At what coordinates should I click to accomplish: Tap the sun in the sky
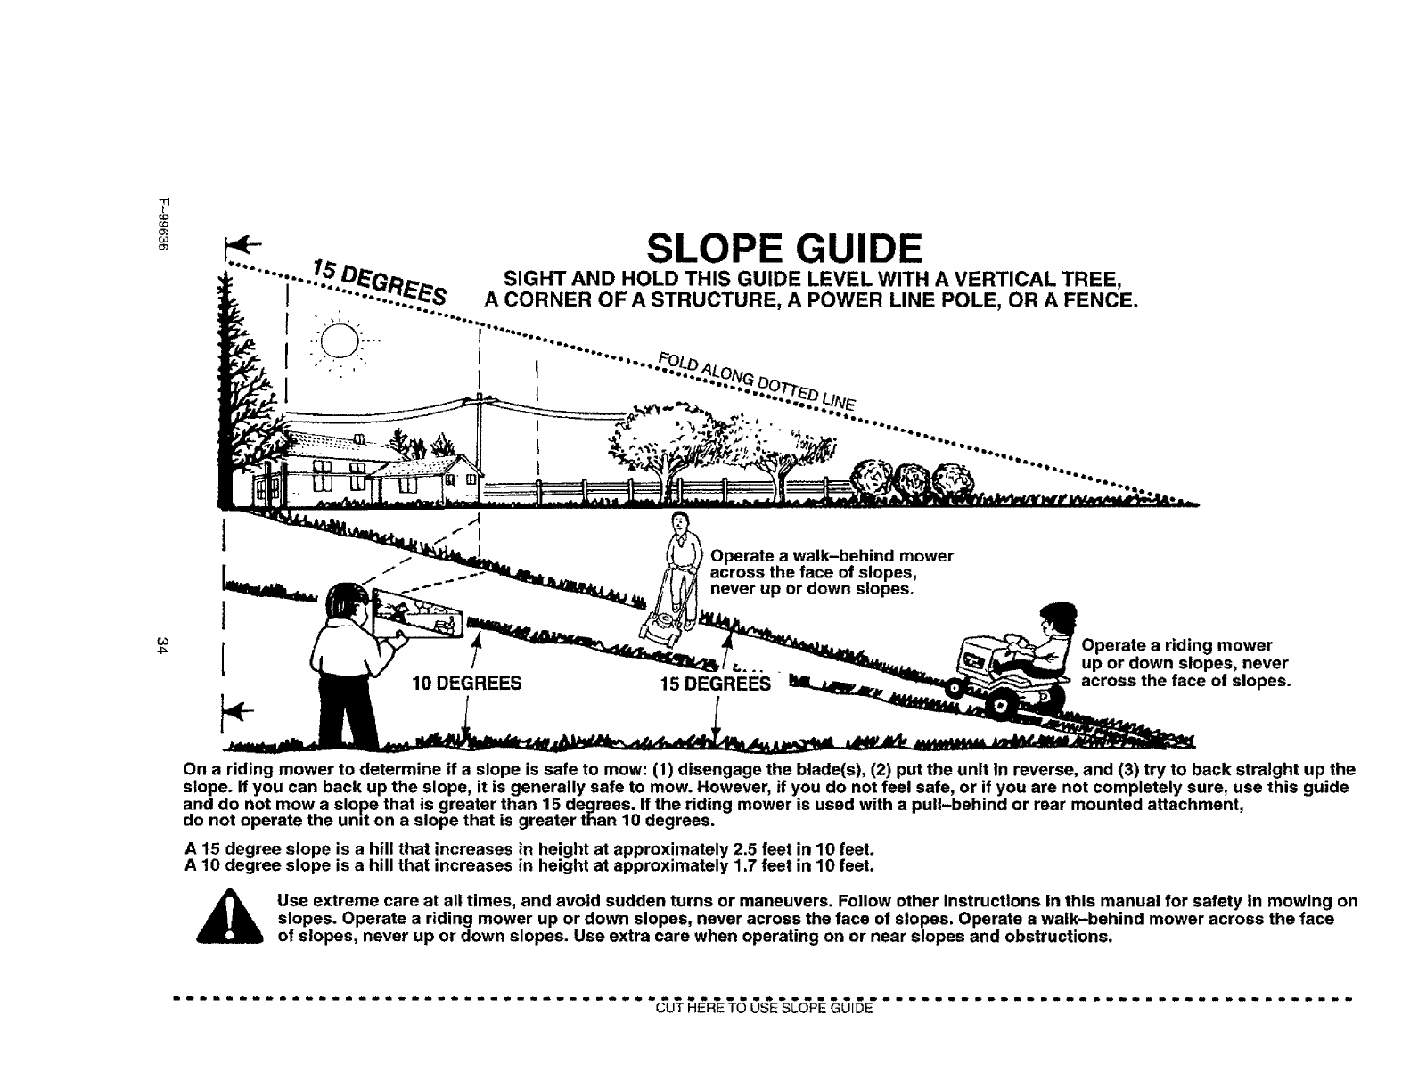pos(340,340)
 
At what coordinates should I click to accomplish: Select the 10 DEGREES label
pos(466,684)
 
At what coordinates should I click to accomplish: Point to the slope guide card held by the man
pos(416,616)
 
